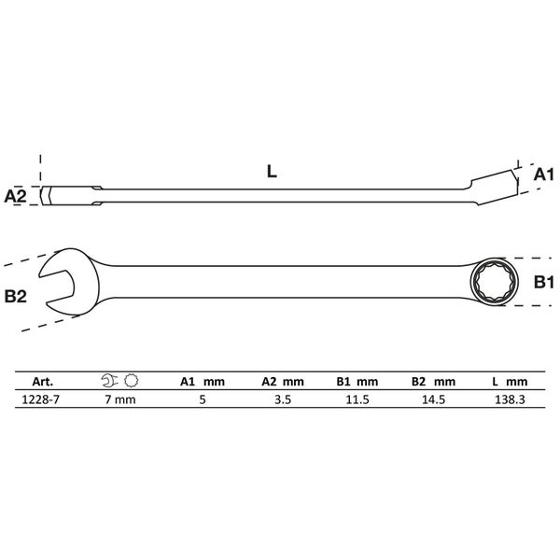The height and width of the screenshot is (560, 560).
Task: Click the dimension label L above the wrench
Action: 272,172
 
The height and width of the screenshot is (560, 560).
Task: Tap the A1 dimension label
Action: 543,175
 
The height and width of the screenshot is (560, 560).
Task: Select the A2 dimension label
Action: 15,196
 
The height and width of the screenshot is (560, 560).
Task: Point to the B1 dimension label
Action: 543,282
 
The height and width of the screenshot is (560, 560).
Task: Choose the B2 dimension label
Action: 15,297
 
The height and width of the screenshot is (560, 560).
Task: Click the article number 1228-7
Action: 41,399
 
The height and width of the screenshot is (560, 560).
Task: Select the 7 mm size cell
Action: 120,399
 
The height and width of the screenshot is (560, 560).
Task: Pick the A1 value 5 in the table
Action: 203,399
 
